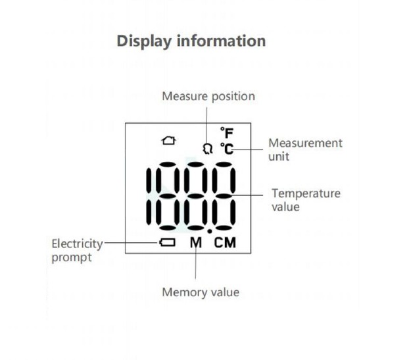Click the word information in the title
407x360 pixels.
pyautogui.click(x=221, y=41)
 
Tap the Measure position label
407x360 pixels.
pyautogui.click(x=208, y=96)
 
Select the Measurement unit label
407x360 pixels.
pyautogui.click(x=305, y=149)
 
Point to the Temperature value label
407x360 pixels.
pyautogui.click(x=306, y=200)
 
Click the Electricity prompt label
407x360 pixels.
pyautogui.click(x=77, y=250)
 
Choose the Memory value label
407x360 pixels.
pyautogui.click(x=201, y=292)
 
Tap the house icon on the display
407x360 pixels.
pyautogui.click(x=169, y=141)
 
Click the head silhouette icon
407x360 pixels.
pyautogui.click(x=207, y=149)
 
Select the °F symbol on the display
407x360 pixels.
pyautogui.click(x=227, y=133)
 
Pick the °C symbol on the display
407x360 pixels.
pyautogui.click(x=227, y=149)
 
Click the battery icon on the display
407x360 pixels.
pyautogui.click(x=167, y=242)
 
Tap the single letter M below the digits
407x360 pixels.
pyautogui.click(x=196, y=243)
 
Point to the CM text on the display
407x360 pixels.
pyautogui.click(x=225, y=243)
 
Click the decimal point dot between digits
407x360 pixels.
pyautogui.click(x=210, y=231)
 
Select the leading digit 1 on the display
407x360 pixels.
pyautogui.click(x=149, y=196)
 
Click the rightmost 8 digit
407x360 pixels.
pyautogui.click(x=224, y=196)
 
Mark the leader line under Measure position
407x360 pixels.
pyautogui.click(x=207, y=127)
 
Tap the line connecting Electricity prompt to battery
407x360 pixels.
pyautogui.click(x=132, y=243)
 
